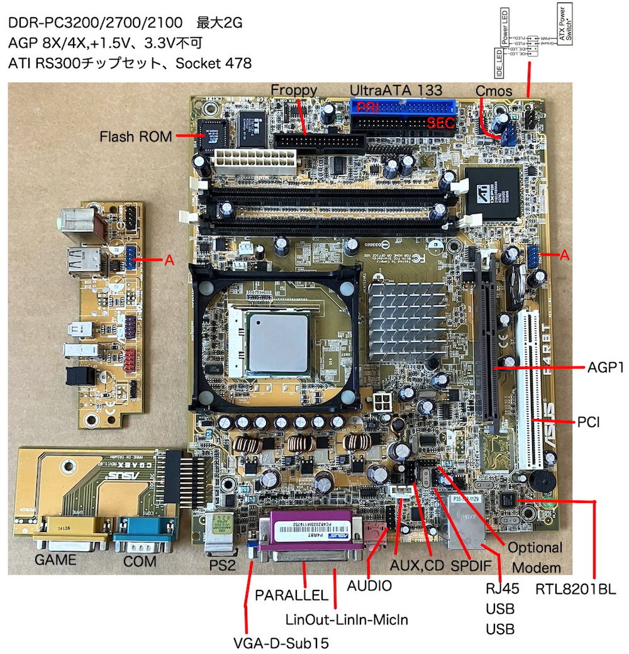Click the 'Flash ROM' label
coord(136,136)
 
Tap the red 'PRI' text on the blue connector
coord(367,108)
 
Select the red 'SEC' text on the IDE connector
coord(440,123)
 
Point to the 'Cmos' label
coord(494,90)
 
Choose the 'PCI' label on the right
coord(588,422)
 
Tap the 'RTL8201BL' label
coord(575,589)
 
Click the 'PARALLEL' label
coord(291,595)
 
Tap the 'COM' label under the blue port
coord(140,560)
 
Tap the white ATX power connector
coord(254,163)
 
